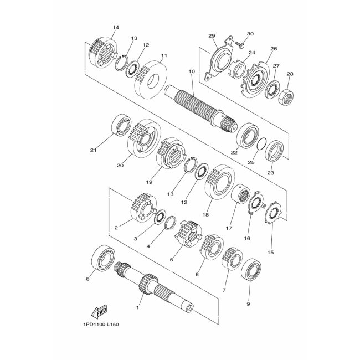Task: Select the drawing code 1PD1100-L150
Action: click(x=101, y=325)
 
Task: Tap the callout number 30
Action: click(x=250, y=34)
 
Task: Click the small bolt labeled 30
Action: click(x=238, y=44)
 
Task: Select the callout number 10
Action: click(x=192, y=71)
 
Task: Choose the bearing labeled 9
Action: click(x=251, y=270)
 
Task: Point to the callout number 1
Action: click(x=138, y=307)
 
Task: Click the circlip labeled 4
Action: click(x=171, y=223)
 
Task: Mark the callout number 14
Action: click(x=116, y=28)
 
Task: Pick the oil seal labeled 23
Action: click(x=274, y=151)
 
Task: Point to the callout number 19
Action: click(x=149, y=182)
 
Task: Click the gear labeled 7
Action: click(x=232, y=259)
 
